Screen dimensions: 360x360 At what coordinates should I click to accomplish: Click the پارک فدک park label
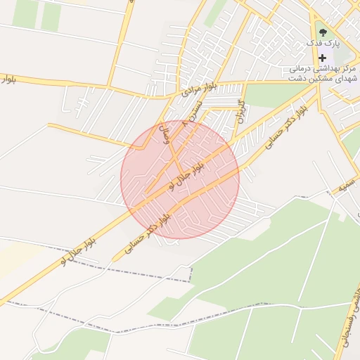point(324,43)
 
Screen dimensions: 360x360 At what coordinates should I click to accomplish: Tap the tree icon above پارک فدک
point(323,31)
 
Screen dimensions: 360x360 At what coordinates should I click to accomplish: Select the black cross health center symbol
point(323,58)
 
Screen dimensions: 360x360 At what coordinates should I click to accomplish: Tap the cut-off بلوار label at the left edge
point(8,79)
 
